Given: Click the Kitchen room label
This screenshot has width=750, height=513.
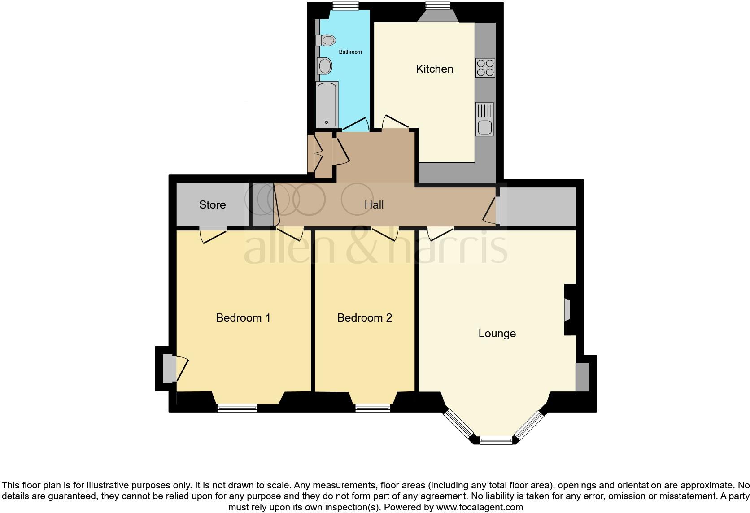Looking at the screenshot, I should click(434, 69).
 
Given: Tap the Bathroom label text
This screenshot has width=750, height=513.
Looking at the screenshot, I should click(350, 52).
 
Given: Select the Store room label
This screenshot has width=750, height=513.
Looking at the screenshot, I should click(212, 205).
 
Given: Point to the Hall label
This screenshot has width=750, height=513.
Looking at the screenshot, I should click(374, 205).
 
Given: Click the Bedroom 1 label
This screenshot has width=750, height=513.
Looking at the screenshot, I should click(243, 318).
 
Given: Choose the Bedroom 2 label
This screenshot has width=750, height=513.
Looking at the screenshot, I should click(364, 318).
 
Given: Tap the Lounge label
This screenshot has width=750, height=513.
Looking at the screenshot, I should click(497, 334).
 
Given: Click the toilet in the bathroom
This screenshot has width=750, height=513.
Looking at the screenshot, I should click(326, 40).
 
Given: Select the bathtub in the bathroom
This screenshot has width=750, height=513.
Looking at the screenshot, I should click(327, 104).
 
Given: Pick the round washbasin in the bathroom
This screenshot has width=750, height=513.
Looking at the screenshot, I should click(324, 66).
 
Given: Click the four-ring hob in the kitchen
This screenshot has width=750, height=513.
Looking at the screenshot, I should click(485, 68).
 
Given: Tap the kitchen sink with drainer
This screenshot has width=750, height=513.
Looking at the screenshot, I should click(484, 119).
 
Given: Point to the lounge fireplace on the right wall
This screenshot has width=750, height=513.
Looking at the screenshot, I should click(568, 310).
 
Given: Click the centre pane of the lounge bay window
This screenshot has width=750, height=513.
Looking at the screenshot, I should click(496, 440).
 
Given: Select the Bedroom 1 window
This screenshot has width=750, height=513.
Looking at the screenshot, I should click(237, 408).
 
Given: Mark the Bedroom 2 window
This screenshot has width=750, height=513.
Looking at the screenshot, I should click(372, 408).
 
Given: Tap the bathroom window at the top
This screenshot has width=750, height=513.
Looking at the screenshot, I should click(345, 5).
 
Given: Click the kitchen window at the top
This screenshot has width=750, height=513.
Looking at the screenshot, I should click(437, 5).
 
